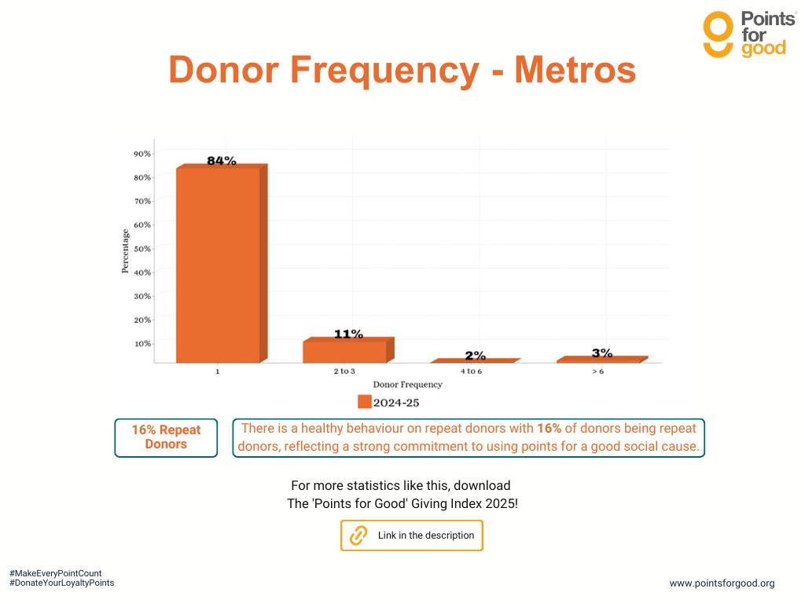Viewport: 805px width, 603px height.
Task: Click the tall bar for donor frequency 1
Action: tap(218, 265)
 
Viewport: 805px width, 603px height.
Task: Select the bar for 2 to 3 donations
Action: tap(344, 351)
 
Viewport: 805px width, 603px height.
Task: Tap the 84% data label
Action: tap(221, 161)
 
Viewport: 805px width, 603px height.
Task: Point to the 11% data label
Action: tap(348, 334)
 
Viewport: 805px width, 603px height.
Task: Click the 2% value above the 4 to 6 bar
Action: tap(475, 356)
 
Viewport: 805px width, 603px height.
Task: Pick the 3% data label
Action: tap(601, 353)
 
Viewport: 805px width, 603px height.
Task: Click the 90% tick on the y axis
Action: tap(142, 153)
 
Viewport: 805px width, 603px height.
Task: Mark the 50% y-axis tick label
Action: tap(142, 248)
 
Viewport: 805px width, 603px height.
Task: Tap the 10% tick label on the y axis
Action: tap(142, 343)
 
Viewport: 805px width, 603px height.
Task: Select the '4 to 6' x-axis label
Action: tap(471, 371)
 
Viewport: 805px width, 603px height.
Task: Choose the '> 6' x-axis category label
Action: tap(597, 371)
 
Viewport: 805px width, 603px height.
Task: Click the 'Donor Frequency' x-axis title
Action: tap(407, 385)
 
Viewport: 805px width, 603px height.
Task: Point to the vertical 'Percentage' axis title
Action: tap(125, 250)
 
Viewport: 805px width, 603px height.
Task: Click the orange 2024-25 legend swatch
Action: tap(364, 402)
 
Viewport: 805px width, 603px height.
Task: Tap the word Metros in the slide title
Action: tap(575, 70)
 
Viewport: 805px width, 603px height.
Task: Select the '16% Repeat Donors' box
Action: tap(166, 437)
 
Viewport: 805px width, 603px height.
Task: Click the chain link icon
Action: tap(358, 535)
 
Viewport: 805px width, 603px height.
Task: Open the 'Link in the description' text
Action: tap(426, 535)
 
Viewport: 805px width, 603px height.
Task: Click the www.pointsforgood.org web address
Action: tap(722, 583)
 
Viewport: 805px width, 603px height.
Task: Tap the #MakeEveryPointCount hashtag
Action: tap(55, 574)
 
